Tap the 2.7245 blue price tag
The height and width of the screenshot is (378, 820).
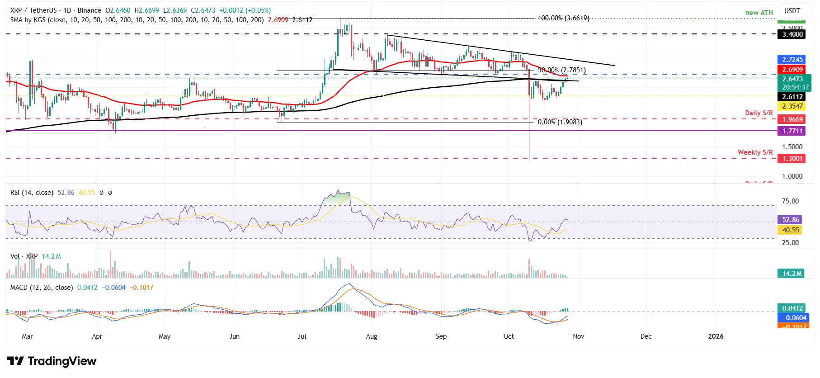[792, 60]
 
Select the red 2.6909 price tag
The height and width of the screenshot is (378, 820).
[792, 70]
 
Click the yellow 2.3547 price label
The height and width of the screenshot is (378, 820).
[792, 106]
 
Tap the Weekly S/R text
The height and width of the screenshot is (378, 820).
[755, 152]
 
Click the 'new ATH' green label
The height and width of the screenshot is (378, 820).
[759, 13]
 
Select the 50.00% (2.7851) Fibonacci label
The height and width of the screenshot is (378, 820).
[562, 70]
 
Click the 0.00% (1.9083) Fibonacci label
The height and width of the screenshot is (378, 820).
[560, 122]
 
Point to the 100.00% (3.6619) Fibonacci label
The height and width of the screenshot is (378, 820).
[563, 18]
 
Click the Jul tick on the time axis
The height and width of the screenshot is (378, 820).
[302, 336]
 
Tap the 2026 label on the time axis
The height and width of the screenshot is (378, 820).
[716, 336]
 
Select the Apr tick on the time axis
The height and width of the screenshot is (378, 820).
[97, 336]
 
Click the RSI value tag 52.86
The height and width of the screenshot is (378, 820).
[791, 220]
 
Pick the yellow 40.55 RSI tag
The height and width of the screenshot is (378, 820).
[791, 230]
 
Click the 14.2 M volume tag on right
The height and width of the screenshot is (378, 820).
[792, 274]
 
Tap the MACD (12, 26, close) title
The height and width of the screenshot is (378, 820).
[42, 288]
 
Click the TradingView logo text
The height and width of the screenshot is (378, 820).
[62, 361]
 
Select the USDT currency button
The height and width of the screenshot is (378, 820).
[792, 11]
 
